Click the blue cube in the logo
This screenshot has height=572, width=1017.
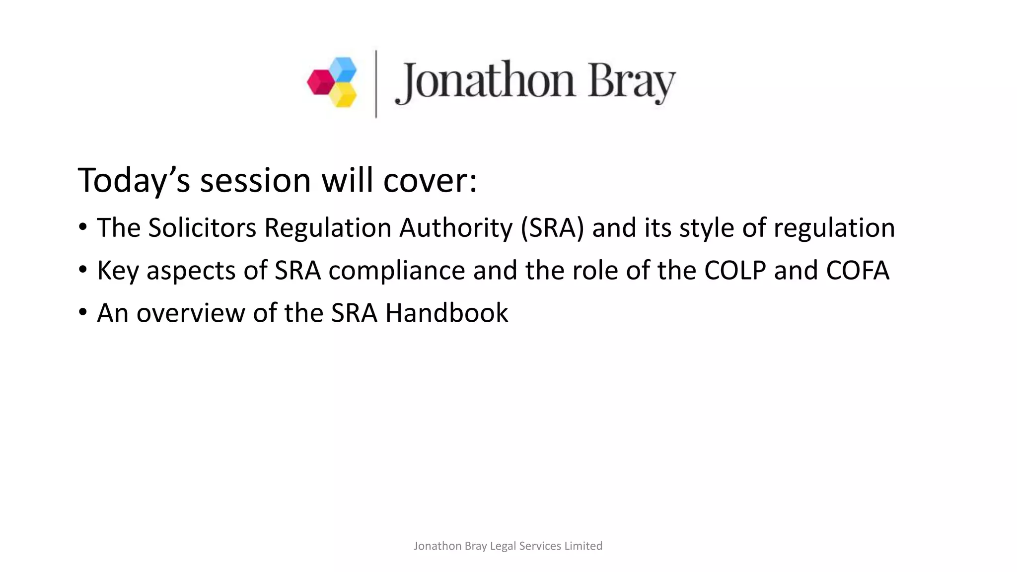click(343, 69)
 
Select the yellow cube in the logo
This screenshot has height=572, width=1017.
click(343, 94)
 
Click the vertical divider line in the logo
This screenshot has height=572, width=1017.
click(376, 84)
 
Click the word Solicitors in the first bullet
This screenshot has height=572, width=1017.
click(202, 228)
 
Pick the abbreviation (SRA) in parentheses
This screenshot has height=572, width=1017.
click(552, 228)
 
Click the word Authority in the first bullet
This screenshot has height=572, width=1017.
click(455, 228)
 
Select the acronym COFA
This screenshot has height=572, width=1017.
click(858, 271)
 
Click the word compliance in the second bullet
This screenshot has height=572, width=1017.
click(396, 271)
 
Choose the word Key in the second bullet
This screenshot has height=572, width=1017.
click(118, 271)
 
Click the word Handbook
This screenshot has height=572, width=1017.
click(446, 313)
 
